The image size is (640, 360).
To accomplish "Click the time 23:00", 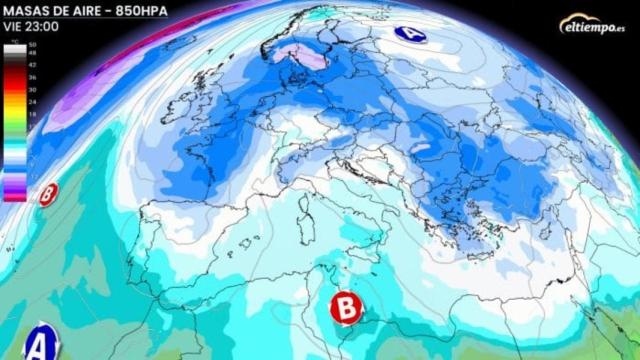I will click(x=42, y=27).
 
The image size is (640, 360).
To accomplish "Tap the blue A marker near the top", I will click(x=409, y=33).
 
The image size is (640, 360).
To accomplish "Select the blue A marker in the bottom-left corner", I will click(x=39, y=339).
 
